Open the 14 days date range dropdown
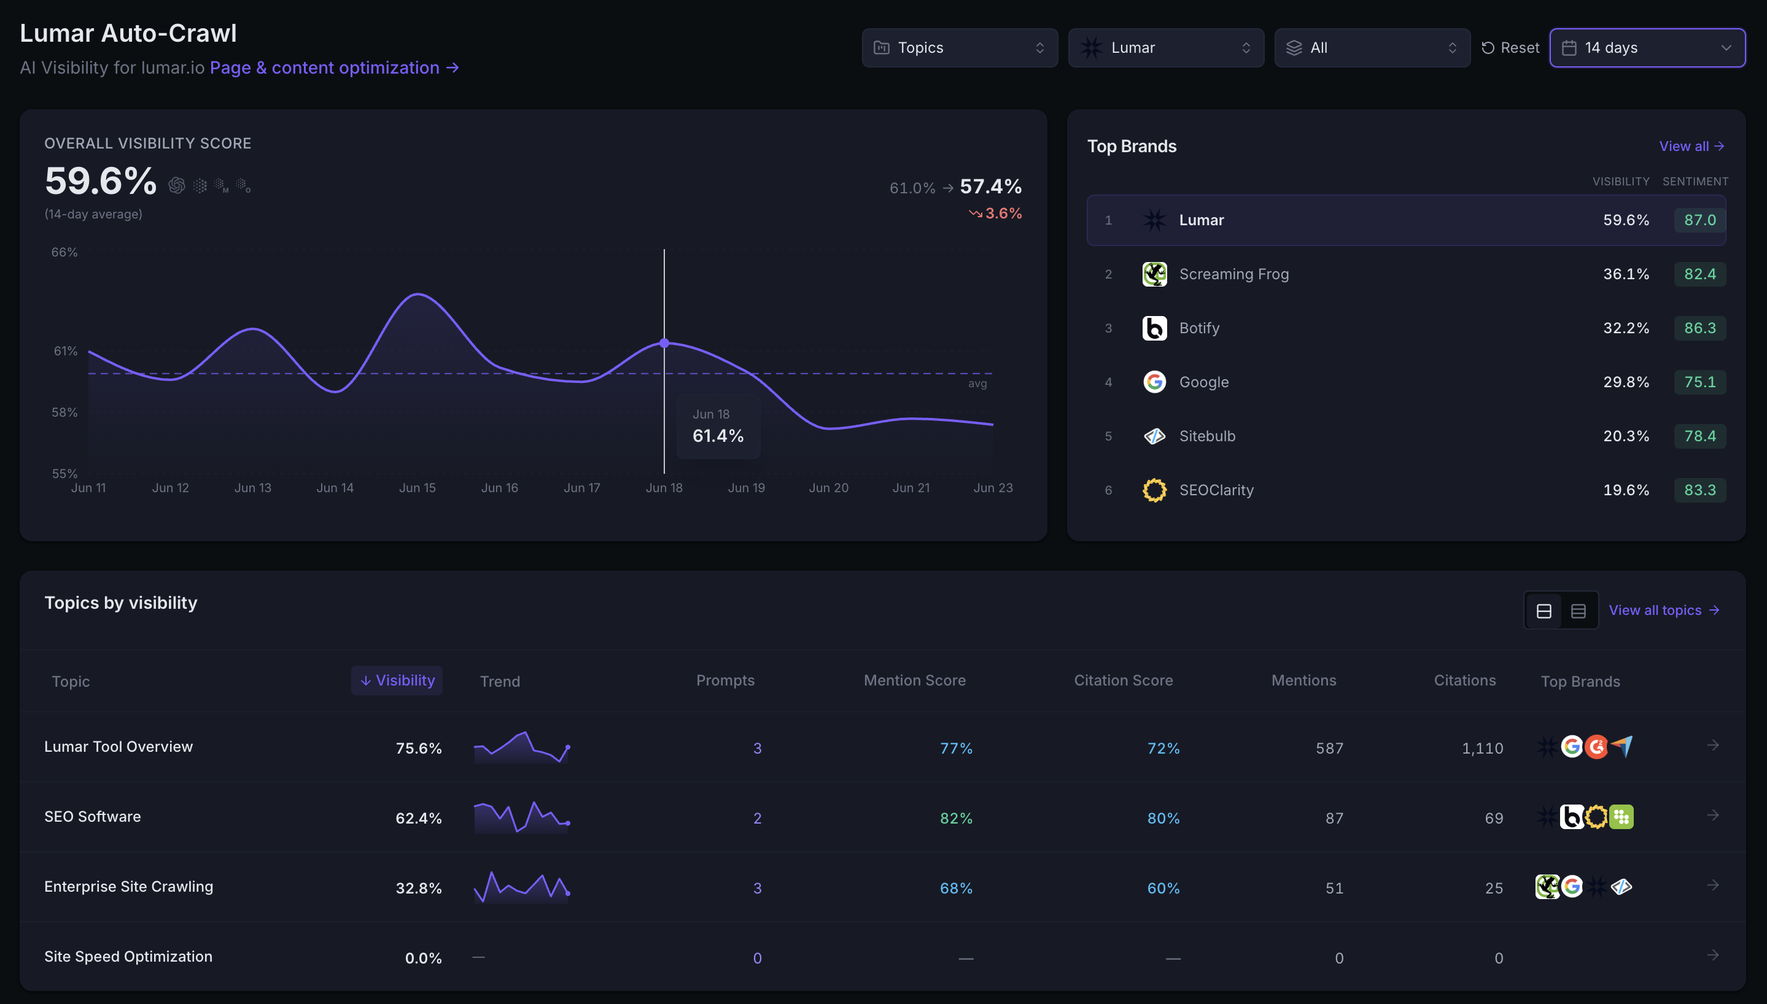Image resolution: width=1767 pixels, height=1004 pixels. coord(1647,48)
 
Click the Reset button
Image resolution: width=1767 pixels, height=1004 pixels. coord(1510,48)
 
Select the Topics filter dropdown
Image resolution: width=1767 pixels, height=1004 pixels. coord(960,48)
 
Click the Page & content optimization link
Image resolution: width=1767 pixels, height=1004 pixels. coord(335,68)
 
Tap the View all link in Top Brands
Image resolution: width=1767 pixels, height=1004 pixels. coord(1691,146)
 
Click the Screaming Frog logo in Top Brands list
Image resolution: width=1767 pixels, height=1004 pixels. coord(1154,274)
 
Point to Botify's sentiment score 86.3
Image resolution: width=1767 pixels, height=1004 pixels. coord(1699,328)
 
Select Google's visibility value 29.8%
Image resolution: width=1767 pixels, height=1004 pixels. coord(1626,382)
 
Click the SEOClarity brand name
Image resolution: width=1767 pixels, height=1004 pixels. coord(1216,490)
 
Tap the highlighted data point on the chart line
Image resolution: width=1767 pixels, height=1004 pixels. coord(664,342)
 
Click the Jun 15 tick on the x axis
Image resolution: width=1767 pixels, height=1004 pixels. coord(417,487)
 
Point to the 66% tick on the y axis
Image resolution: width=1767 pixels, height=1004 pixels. coord(64,252)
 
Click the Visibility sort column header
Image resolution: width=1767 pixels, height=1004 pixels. coord(397,681)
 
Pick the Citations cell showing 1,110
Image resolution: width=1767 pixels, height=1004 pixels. coord(1482,748)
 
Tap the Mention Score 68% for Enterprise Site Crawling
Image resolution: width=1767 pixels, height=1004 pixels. coord(956,888)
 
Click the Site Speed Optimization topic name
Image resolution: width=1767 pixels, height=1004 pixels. coord(128,956)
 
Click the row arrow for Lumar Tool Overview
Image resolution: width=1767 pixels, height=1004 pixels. coord(1712,746)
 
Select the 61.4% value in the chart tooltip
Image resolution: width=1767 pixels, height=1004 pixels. coord(718,436)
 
